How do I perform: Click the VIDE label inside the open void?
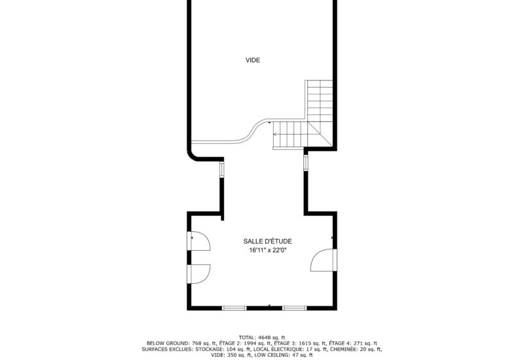[253, 60]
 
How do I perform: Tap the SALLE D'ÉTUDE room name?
[261, 241]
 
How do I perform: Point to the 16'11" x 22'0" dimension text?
[261, 250]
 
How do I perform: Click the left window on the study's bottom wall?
[234, 308]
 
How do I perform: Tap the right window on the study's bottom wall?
[294, 308]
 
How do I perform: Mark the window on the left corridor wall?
[221, 170]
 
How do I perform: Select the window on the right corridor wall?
[305, 161]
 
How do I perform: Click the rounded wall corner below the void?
[193, 154]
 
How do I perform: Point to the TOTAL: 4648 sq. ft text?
[262, 337]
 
